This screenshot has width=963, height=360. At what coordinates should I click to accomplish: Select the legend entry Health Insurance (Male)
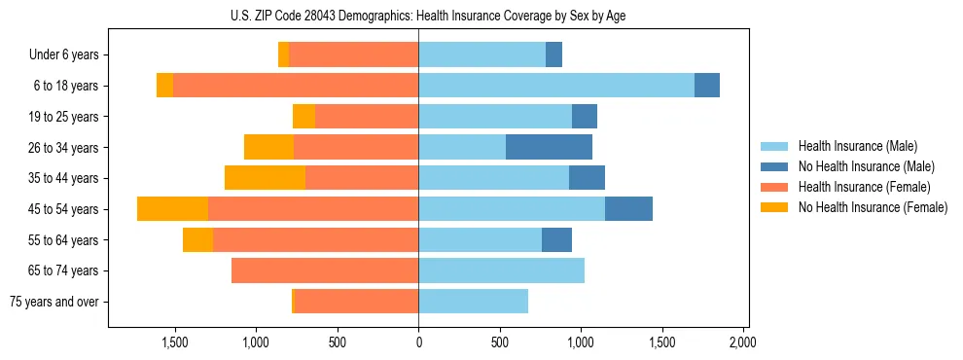tap(856, 147)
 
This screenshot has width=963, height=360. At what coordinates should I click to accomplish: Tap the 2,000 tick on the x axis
tap(742, 343)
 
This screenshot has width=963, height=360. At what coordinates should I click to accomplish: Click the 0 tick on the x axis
tap(418, 343)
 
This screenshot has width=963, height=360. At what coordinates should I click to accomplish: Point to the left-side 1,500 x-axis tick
tap(175, 343)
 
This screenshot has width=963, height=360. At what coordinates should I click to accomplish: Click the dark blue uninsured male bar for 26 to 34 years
tap(549, 147)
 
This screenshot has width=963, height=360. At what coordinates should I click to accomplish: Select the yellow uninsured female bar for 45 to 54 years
tap(172, 209)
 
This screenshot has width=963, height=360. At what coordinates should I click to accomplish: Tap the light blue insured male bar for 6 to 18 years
tap(556, 86)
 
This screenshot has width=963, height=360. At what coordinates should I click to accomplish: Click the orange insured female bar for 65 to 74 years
tap(325, 270)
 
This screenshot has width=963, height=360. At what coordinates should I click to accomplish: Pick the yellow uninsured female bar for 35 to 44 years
tap(265, 178)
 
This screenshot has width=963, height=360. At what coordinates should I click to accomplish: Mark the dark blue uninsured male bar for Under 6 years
tap(553, 55)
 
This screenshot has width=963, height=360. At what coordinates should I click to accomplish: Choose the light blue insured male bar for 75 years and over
tap(473, 302)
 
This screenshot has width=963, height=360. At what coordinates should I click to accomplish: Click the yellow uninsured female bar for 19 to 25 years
tap(303, 117)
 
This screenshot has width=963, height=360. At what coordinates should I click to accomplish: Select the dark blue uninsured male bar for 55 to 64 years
tap(556, 239)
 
